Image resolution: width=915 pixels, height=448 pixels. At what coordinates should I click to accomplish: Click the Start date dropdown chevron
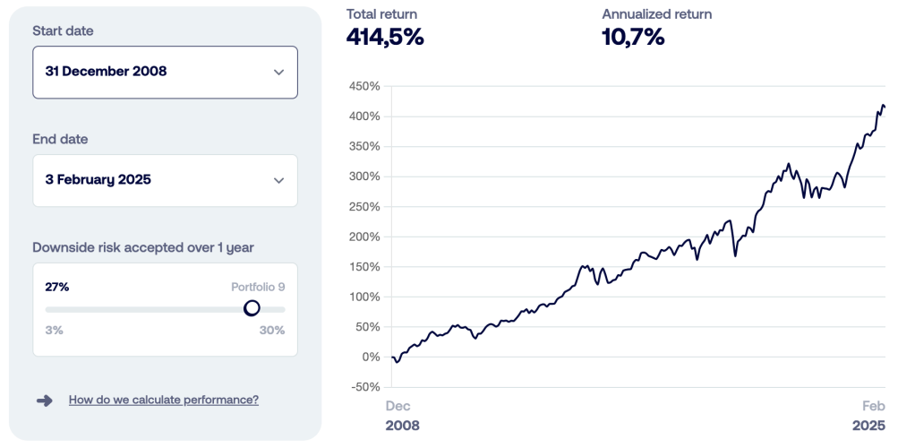click(x=278, y=72)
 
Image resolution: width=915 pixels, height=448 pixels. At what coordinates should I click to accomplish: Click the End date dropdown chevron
click(x=278, y=180)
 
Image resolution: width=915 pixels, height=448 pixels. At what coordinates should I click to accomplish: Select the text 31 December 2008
click(x=106, y=72)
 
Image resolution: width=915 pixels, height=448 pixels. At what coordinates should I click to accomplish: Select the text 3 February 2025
click(x=98, y=180)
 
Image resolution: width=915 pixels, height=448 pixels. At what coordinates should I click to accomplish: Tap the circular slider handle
click(x=252, y=308)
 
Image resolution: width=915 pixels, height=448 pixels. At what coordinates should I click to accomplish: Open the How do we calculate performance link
click(x=164, y=401)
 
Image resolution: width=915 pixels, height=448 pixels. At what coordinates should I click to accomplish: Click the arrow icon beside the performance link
click(x=45, y=401)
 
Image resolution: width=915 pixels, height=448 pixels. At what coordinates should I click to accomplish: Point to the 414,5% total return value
click(x=385, y=38)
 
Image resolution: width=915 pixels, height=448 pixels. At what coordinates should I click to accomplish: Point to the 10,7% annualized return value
click(x=633, y=38)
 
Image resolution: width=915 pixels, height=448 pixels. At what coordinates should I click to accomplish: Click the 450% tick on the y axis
click(x=363, y=87)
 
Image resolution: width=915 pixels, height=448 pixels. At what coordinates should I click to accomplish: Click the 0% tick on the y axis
click(x=371, y=357)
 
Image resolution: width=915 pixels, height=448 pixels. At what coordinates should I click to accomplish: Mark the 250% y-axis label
click(x=363, y=207)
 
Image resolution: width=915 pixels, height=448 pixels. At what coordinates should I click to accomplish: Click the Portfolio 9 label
click(x=258, y=287)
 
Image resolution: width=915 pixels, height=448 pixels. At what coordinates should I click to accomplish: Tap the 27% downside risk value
click(x=57, y=287)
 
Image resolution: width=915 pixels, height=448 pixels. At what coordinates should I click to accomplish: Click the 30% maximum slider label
click(x=272, y=330)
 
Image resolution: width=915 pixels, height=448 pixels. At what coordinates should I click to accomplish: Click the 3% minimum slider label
click(x=55, y=330)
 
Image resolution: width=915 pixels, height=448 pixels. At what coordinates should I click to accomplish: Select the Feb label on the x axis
click(x=873, y=406)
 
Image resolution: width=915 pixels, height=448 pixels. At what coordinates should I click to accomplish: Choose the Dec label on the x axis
click(x=398, y=406)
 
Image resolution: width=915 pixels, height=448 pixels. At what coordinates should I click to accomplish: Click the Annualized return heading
click(x=657, y=14)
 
